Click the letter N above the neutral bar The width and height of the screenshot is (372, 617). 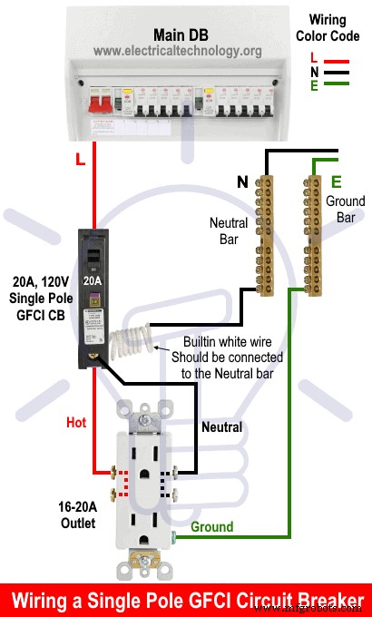(x=243, y=182)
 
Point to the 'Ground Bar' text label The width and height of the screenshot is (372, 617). (x=345, y=210)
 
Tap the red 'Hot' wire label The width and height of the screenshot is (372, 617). (x=76, y=423)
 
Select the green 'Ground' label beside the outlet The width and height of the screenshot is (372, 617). (x=210, y=526)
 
